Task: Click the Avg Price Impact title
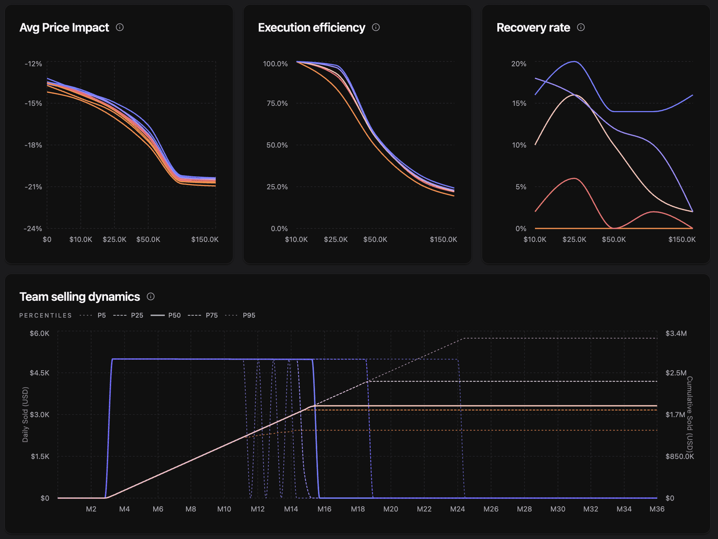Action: tap(64, 28)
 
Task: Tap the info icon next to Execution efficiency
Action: tap(376, 27)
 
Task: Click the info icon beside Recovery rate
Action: tap(581, 27)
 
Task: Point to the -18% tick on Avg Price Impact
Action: tap(33, 145)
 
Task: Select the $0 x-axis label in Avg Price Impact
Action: tap(47, 239)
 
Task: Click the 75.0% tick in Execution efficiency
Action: tap(277, 104)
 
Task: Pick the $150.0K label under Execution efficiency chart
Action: tap(443, 239)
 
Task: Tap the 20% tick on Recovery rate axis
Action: tap(519, 64)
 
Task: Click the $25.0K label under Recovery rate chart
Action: tap(574, 239)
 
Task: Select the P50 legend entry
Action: tap(166, 315)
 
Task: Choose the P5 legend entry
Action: tap(93, 315)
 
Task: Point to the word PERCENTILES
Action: tap(46, 316)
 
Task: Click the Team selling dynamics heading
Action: tap(80, 297)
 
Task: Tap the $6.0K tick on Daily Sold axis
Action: tap(40, 333)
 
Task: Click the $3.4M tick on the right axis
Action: tap(676, 333)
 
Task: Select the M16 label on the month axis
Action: tap(324, 509)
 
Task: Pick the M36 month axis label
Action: tap(657, 509)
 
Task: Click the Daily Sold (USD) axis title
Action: tap(25, 415)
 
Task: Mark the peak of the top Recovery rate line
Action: tap(574, 62)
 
